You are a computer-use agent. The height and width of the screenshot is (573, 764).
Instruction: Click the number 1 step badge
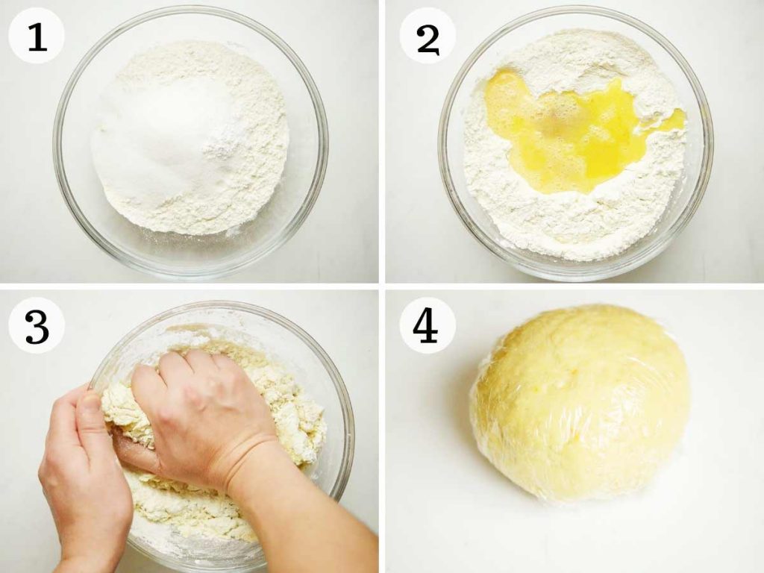coord(37,36)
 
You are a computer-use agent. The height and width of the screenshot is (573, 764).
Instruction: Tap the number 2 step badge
coord(428,36)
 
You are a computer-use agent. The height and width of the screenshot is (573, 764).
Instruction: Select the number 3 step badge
coord(37,325)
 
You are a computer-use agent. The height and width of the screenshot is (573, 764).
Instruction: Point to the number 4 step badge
coord(428,325)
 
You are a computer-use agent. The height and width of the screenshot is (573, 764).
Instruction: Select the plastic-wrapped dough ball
coord(580,404)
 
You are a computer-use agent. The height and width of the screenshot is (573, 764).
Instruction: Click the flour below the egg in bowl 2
coord(575,219)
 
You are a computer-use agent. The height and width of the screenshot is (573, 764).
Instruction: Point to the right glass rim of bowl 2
coord(707,146)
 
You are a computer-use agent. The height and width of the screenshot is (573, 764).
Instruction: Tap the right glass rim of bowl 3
coord(348,439)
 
